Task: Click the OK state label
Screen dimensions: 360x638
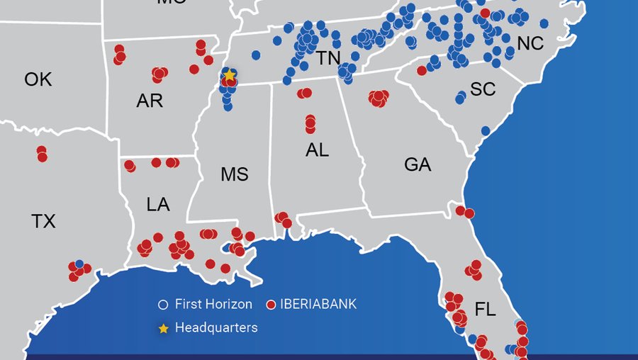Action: pos(38,79)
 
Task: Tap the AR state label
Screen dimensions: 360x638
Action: pos(150,101)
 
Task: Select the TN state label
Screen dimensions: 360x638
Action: pos(328,58)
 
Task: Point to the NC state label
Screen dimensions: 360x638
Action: pos(530,44)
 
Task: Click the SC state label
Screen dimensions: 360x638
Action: pos(483,90)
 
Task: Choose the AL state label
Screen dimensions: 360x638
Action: pos(317,150)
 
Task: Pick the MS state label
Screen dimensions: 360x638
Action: pos(235,174)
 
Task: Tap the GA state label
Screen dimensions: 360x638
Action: pos(417,165)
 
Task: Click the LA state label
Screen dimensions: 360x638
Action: pos(158,206)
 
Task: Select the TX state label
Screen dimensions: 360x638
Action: pos(43,222)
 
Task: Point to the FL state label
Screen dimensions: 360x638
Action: pos(486,310)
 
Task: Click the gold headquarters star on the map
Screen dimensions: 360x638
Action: pos(229,74)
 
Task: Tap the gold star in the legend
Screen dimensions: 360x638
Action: pos(164,328)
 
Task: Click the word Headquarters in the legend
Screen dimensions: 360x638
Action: pos(216,328)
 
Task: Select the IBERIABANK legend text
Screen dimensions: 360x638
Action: pos(318,305)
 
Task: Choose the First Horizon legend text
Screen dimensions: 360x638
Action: pos(213,305)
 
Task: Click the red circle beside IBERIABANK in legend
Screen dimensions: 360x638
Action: pos(270,305)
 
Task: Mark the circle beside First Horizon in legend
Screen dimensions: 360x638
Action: pos(164,305)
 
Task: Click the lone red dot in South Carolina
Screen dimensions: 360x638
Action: pos(422,70)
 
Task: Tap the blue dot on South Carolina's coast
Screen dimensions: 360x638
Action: pos(485,131)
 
